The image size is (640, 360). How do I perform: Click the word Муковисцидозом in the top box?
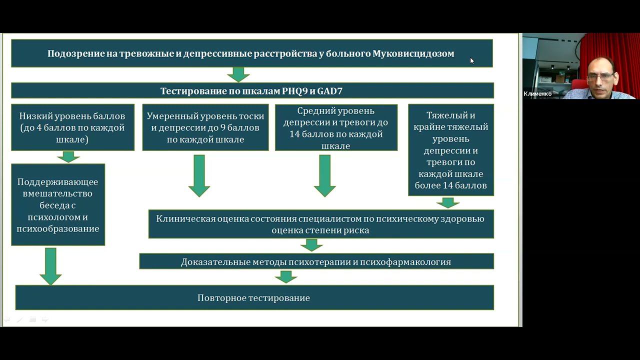(x=413, y=53)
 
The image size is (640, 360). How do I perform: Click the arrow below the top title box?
(x=238, y=74)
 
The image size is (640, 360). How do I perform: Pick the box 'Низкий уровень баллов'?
(x=73, y=127)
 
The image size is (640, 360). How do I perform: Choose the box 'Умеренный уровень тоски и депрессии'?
(x=205, y=127)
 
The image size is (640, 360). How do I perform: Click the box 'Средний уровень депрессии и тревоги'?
(x=336, y=127)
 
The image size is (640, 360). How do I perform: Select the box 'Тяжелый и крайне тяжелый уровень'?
(x=450, y=150)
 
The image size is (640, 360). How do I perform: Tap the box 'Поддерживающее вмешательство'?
(x=58, y=205)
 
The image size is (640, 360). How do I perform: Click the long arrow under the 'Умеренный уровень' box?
(x=199, y=175)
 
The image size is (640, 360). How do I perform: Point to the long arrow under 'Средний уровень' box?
(x=324, y=175)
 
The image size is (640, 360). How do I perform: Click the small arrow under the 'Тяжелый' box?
(x=448, y=202)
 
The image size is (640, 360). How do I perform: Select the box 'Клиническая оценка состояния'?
(x=321, y=224)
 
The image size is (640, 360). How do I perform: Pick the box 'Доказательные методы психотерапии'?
(x=316, y=261)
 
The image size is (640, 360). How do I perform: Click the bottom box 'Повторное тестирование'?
(x=254, y=298)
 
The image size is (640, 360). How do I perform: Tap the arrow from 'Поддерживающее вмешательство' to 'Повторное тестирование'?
(x=50, y=265)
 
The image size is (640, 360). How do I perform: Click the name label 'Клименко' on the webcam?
(x=537, y=93)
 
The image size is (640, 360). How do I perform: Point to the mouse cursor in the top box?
(x=471, y=60)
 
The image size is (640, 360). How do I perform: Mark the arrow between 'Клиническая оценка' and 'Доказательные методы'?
(x=311, y=245)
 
